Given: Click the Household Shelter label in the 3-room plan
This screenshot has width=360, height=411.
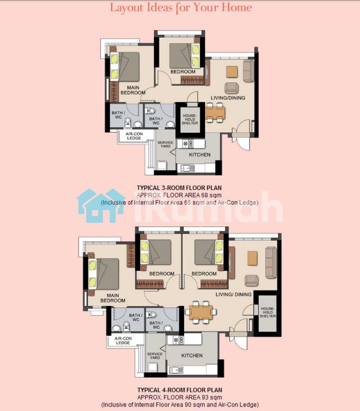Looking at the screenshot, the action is coord(190,119).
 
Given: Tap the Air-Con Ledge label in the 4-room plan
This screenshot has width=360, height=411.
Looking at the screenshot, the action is coord(123,341).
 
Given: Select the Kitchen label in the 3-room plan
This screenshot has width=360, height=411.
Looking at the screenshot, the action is coord(200,155).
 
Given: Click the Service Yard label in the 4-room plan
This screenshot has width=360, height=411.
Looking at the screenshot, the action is coord(155,356).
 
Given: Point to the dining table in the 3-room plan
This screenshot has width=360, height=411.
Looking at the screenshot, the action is coord(215,113).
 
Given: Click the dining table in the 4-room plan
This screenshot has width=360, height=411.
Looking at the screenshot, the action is coord(201,312).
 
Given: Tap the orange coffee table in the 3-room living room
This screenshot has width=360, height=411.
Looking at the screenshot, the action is coord(232,72).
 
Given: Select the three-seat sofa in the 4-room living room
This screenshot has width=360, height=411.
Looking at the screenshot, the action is coord(271,263).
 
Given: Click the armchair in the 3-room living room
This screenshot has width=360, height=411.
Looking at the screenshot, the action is coord(232,88).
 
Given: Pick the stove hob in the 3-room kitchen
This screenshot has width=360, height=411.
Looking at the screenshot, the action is coord(188,144).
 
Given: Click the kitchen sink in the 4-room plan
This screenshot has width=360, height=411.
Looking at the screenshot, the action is coord(176,370).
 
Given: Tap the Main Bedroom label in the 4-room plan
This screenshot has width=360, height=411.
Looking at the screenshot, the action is coord(113,298).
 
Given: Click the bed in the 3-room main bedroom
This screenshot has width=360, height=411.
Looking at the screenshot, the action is coord(125,67).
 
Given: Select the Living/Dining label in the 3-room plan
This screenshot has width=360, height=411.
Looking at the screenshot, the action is coord(228,98).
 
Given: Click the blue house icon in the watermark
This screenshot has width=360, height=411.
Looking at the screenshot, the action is coord(101,206).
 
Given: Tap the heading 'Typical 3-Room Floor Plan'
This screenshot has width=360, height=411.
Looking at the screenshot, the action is coord(179,188).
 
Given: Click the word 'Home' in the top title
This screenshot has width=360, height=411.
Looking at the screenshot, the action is coord(237,7).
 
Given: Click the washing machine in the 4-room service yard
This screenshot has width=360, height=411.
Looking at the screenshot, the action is coord(152,367).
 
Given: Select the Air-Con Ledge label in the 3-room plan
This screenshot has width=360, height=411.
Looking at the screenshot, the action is coord(134,136).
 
